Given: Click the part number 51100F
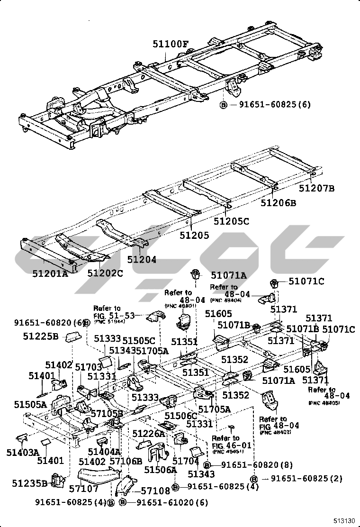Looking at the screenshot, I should (171, 45).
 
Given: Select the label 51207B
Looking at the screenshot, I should (317, 188).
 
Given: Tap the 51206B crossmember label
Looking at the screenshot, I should (279, 203).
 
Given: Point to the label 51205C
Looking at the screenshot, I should (231, 221).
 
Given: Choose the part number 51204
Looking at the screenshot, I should (142, 259).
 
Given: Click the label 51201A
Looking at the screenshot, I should (50, 273).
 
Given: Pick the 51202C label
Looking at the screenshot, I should (105, 273).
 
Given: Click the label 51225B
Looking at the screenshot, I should (41, 336).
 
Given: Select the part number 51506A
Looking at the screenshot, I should (160, 470).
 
